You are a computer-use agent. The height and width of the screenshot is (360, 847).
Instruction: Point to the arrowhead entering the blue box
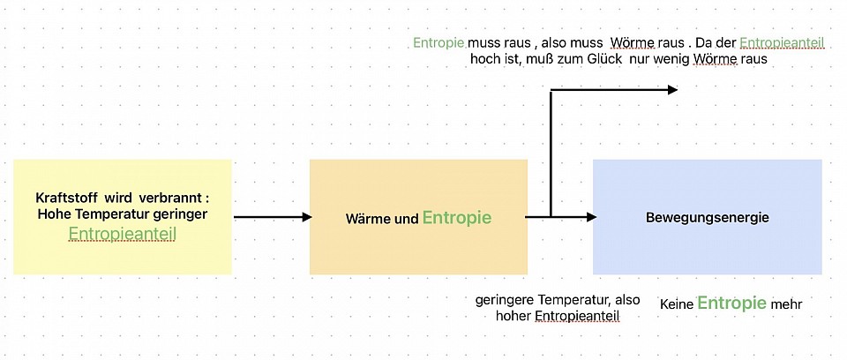[x=591, y=217]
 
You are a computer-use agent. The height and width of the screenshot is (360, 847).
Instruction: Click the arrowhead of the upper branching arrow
[x=672, y=89]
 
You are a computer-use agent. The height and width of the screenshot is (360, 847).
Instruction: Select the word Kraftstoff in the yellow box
[x=64, y=197]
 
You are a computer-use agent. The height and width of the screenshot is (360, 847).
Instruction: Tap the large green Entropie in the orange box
[x=456, y=217]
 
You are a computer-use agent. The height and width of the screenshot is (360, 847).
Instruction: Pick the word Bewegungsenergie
[x=707, y=217]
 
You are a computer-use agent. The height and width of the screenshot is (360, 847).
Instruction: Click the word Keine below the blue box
[x=677, y=304]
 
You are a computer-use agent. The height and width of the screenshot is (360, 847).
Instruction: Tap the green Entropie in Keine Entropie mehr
[x=731, y=304]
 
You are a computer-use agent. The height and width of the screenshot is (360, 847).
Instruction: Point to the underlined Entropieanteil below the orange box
[x=577, y=316]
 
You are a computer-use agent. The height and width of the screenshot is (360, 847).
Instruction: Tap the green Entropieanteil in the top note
[x=782, y=42]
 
